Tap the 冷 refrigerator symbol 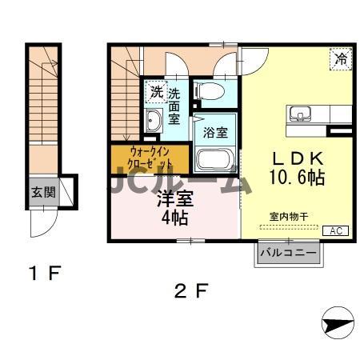coord(340,58)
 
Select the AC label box coord(337,230)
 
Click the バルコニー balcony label coord(288,254)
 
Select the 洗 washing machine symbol coord(155,93)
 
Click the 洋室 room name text coord(174,198)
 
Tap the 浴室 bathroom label coord(214,131)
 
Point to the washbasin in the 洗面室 coord(154,121)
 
